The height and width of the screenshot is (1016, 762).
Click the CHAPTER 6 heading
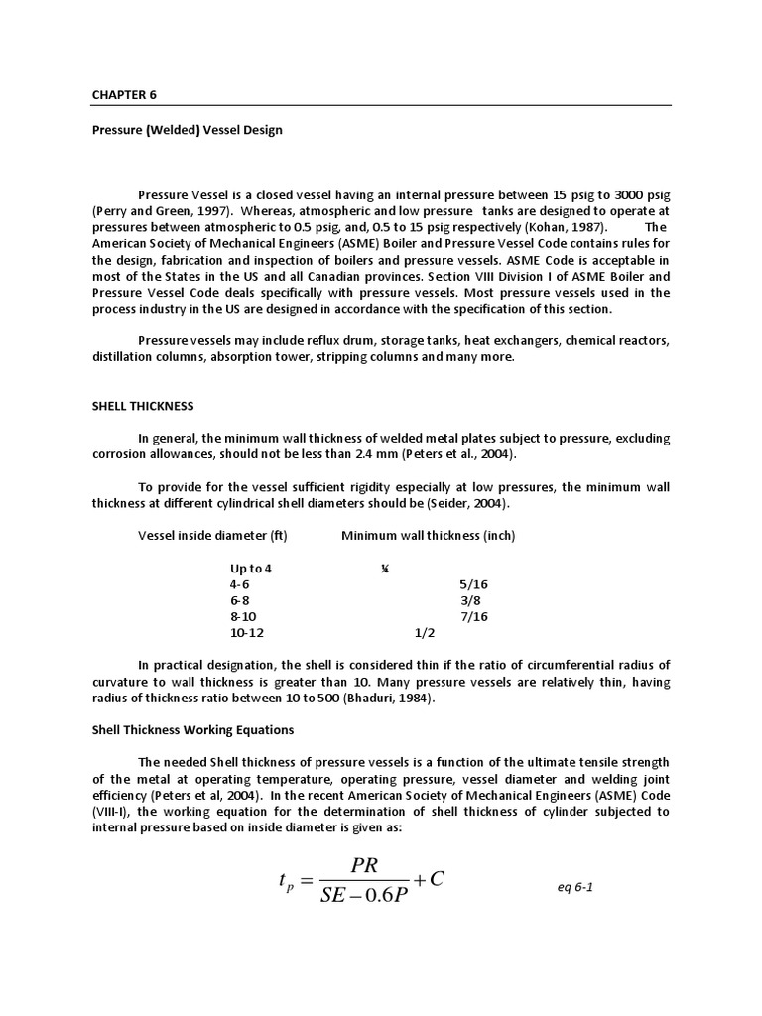tap(124, 95)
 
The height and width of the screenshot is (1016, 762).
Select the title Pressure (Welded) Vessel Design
tap(188, 130)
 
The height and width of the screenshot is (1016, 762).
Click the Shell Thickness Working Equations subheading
tap(192, 729)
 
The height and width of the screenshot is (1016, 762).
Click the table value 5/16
tap(474, 584)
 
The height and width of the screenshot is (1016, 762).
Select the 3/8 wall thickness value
tap(470, 600)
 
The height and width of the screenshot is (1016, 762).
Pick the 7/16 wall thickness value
tap(474, 616)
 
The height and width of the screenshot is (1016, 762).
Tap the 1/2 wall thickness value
tap(425, 632)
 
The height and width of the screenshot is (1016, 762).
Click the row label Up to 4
tap(250, 569)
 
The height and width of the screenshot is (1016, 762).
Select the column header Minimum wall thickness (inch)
tap(428, 536)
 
